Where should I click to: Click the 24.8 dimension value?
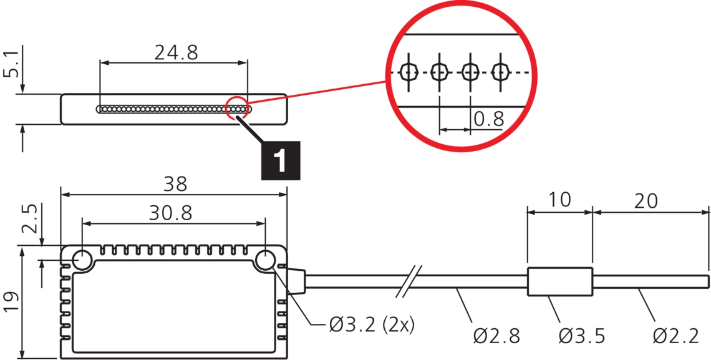click(177, 52)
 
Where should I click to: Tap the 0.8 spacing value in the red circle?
click(489, 119)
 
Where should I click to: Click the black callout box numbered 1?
click(281, 160)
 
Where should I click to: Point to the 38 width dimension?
click(175, 184)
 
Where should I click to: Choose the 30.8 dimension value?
click(170, 213)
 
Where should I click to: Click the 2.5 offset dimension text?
click(31, 218)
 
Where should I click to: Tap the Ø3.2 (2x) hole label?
click(371, 324)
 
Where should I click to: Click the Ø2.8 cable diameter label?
click(496, 336)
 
